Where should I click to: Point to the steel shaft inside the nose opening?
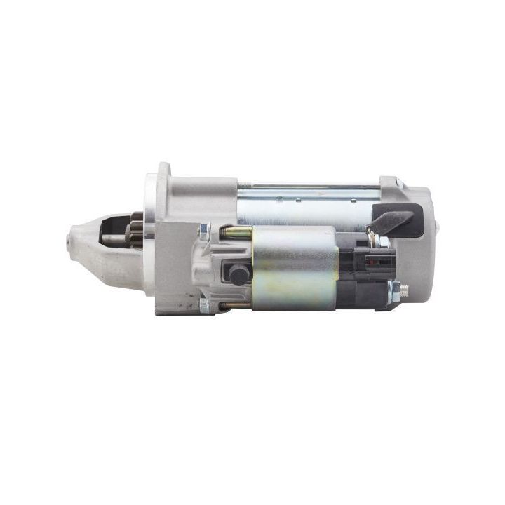pos(112,238)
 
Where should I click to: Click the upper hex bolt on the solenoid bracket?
pos(204,229)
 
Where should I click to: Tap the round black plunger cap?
pos(238,274)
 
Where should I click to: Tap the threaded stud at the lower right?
pos(400,288)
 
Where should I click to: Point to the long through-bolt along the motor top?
pos(309,187)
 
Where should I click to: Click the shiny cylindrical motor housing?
pos(309,208)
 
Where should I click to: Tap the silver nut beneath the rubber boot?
pos(383,242)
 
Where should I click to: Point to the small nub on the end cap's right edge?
pos(438,227)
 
